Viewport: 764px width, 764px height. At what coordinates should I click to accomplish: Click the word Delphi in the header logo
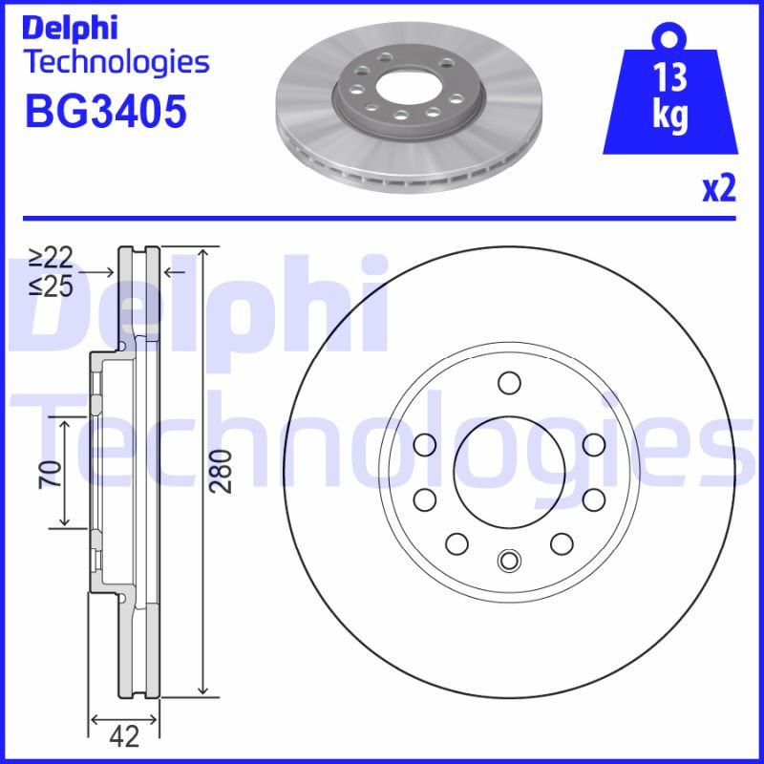tap(70, 27)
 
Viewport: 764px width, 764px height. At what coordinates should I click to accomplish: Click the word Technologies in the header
tap(115, 63)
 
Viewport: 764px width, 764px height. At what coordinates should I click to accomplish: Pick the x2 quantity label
tap(719, 189)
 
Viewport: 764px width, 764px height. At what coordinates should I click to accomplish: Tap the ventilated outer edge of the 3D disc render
tap(411, 177)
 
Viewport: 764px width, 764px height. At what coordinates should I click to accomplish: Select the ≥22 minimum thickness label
tap(51, 257)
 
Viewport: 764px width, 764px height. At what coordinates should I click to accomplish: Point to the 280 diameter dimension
tap(222, 470)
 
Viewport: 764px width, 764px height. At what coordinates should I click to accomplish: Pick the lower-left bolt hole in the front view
tap(456, 543)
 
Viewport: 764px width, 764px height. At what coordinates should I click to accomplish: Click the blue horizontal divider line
tap(382, 219)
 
